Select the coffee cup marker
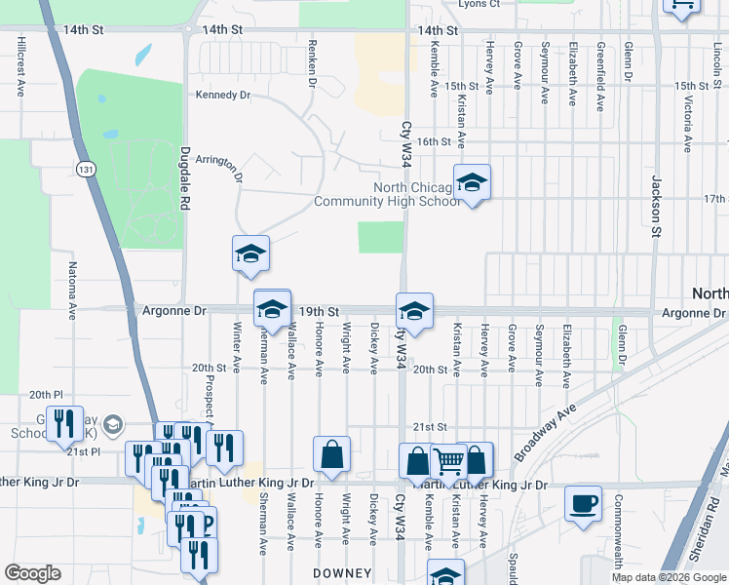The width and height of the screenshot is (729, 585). coord(584,504)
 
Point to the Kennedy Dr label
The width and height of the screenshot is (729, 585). coord(223,96)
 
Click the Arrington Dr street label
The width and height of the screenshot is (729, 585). coord(218,167)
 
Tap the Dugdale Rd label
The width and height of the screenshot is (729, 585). coord(184,178)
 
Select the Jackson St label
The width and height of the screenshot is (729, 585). coord(656,206)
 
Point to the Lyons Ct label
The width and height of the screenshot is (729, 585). coord(479,4)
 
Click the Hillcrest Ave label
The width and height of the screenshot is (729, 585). coord(19,68)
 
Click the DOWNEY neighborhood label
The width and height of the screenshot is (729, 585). coord(341,572)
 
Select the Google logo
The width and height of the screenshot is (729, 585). coord(32,573)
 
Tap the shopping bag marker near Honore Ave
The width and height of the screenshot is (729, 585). coord(331,454)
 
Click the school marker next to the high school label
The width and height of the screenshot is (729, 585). coord(472,183)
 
